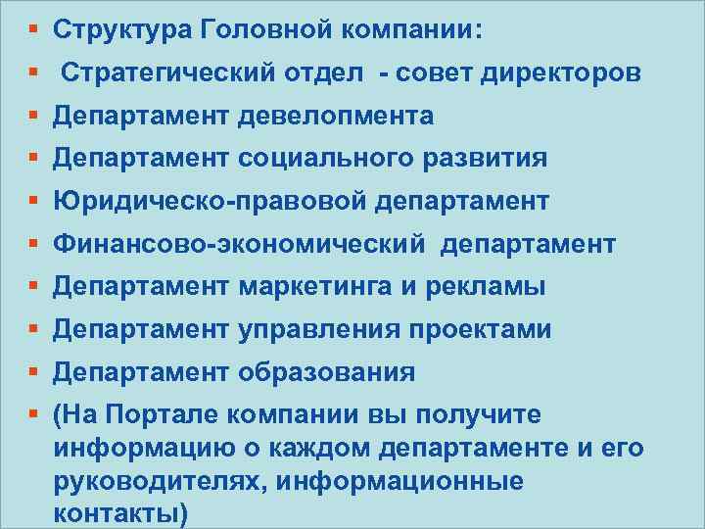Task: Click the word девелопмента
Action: point(336,117)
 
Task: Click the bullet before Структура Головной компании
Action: point(33,30)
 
